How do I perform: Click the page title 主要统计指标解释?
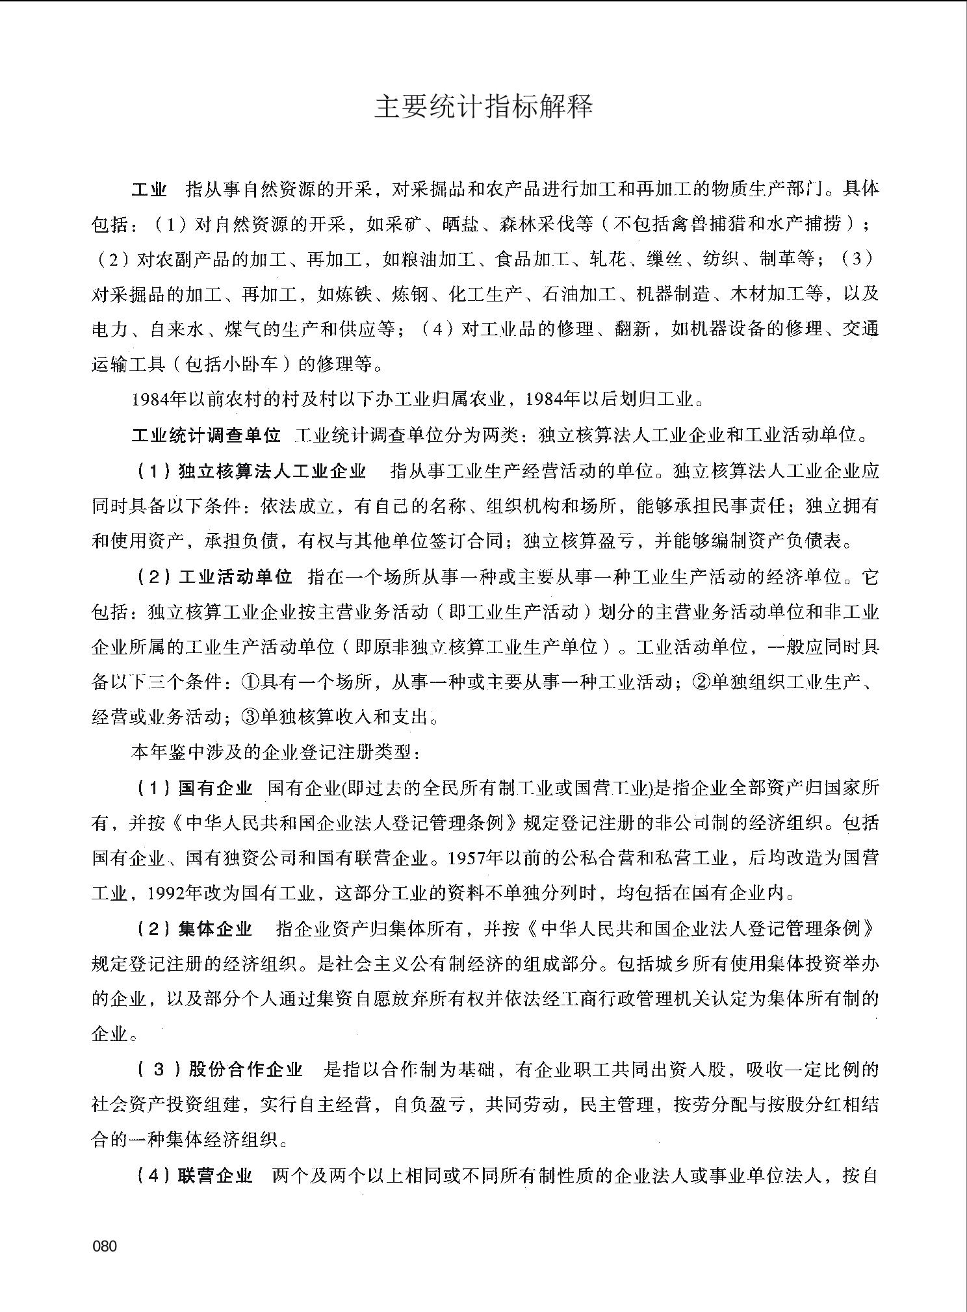coord(483,107)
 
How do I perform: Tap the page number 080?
coord(105,1246)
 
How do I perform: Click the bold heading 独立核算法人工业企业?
coord(272,470)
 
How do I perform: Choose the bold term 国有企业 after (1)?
coord(215,788)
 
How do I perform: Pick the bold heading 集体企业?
coord(215,929)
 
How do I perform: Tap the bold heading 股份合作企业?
coord(246,1069)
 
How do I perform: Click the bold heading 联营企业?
coord(215,1175)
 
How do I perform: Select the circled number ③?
coord(251,717)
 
